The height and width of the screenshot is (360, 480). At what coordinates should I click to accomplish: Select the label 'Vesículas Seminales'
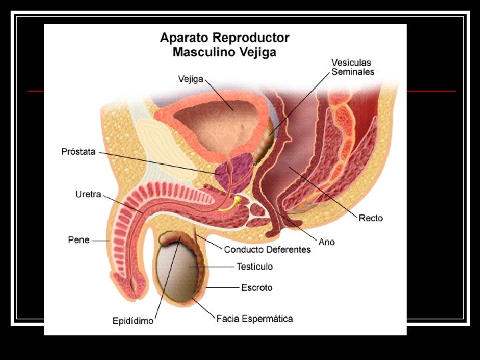[353, 67]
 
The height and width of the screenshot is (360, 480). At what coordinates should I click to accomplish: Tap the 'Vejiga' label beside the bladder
[191, 79]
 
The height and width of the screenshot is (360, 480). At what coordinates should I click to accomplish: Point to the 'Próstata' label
[79, 152]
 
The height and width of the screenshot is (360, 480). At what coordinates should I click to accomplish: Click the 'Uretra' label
[88, 195]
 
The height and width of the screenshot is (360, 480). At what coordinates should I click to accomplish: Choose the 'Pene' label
[79, 240]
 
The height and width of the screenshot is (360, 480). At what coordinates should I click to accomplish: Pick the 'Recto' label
[371, 218]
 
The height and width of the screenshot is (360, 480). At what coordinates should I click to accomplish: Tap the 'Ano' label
[327, 242]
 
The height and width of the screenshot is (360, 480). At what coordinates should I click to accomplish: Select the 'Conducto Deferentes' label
[267, 249]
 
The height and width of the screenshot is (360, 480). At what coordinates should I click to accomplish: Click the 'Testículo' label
[255, 267]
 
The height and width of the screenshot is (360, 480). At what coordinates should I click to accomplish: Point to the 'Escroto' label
[257, 288]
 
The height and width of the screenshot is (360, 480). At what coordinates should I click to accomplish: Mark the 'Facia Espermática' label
[255, 319]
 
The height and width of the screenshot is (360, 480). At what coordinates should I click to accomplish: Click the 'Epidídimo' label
[133, 321]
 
